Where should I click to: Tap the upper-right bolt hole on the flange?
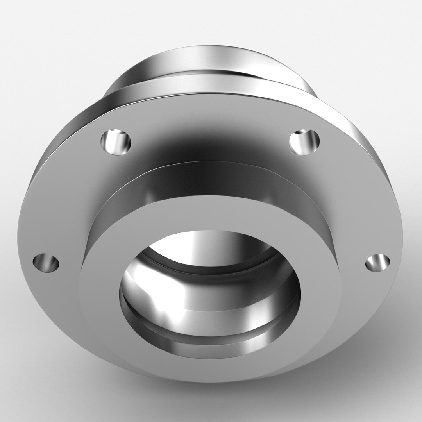(x=304, y=141)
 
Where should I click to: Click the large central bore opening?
(x=210, y=285)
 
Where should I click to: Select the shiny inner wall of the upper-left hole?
(x=111, y=143)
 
